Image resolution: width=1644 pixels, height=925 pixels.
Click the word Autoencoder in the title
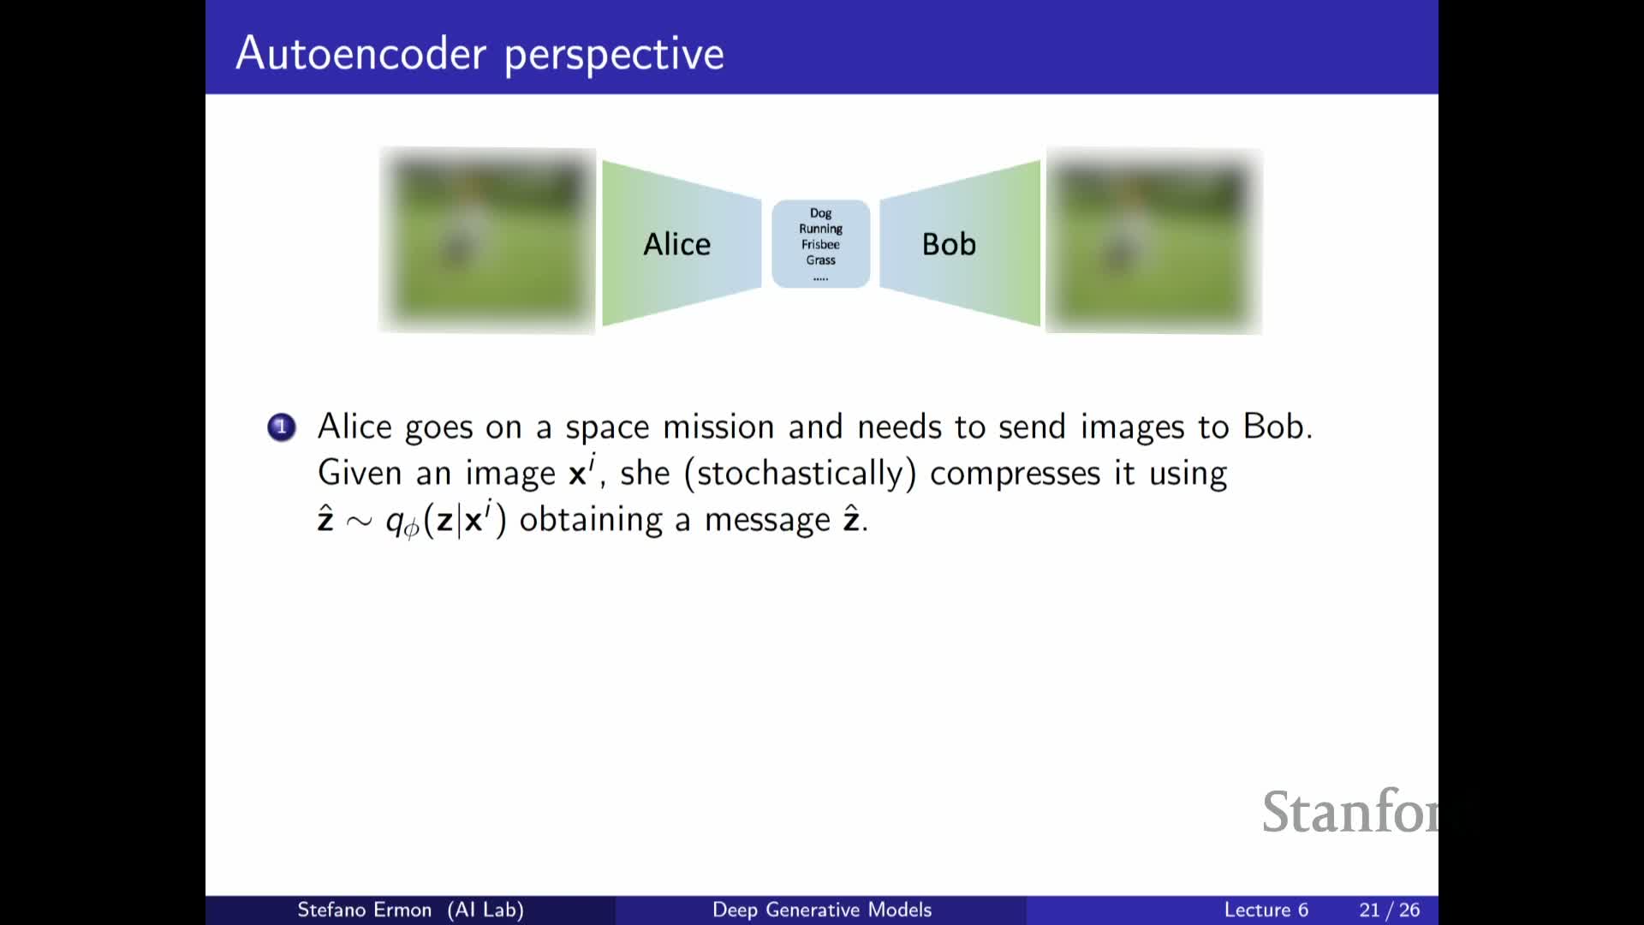tap(361, 53)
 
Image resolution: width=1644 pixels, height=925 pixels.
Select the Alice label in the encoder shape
tap(676, 244)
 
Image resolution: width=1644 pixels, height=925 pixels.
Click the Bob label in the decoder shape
tap(949, 244)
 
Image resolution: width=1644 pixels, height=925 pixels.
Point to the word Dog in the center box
tap(820, 213)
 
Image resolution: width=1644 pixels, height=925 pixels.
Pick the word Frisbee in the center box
tap(820, 244)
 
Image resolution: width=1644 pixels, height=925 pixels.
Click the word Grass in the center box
tap(820, 260)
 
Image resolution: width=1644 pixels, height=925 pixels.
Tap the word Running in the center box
tap(820, 229)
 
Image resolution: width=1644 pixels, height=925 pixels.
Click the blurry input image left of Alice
tap(487, 241)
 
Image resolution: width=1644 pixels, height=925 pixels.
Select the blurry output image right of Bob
tap(1153, 241)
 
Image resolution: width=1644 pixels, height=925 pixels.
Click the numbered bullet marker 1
tap(281, 427)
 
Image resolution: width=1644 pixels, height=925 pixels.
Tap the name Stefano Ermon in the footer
tap(364, 910)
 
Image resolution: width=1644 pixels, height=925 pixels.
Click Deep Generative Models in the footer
tap(821, 910)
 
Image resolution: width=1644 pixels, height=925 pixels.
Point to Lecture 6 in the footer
tap(1266, 910)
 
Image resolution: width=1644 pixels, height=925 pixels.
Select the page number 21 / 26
tap(1389, 910)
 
